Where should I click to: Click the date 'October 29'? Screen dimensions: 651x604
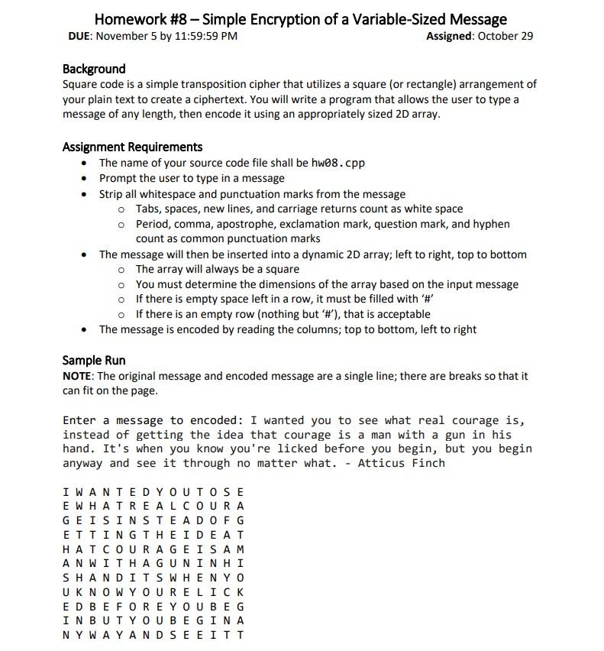pyautogui.click(x=505, y=36)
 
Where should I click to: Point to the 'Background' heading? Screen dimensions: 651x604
pyautogui.click(x=94, y=69)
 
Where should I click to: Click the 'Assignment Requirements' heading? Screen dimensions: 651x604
pyautogui.click(x=132, y=147)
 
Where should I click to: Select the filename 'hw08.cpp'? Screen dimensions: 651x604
pyautogui.click(x=338, y=163)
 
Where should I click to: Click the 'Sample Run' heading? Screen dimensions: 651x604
pyautogui.click(x=94, y=360)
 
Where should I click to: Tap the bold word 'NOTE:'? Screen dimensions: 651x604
pyautogui.click(x=79, y=376)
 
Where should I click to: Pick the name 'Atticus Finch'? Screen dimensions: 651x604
pyautogui.click(x=402, y=463)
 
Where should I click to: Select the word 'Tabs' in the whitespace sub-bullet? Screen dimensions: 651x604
pyautogui.click(x=149, y=209)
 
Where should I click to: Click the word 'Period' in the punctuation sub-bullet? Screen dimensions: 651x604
pyautogui.click(x=154, y=224)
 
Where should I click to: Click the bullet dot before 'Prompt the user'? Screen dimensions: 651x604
pyautogui.click(x=84, y=178)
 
